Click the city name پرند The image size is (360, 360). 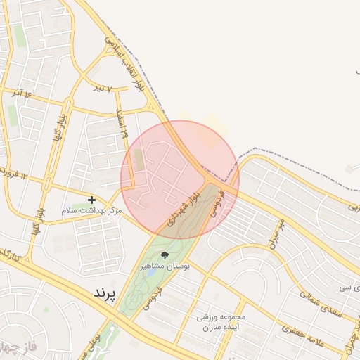pyautogui.click(x=108, y=292)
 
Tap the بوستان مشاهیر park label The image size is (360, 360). pyautogui.click(x=164, y=266)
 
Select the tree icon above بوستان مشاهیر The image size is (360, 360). pyautogui.click(x=165, y=255)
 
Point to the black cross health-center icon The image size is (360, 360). pyautogui.click(x=91, y=200)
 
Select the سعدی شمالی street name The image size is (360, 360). pyautogui.click(x=321, y=304)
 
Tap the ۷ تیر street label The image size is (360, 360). pyautogui.click(x=104, y=88)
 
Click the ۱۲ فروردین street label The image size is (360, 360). pyautogui.click(x=14, y=174)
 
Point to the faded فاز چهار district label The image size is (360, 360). pyautogui.click(x=18, y=347)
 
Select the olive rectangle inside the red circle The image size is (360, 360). pyautogui.click(x=139, y=160)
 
